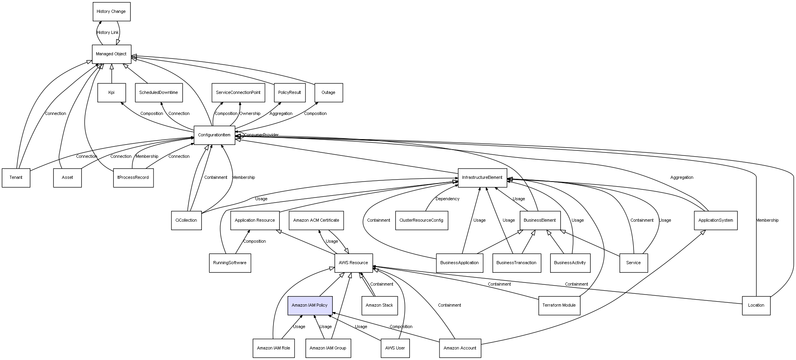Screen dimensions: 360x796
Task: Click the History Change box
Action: pyautogui.click(x=111, y=12)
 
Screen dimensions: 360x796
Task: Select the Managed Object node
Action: pyautogui.click(x=111, y=54)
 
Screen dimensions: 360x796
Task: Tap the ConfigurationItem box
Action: pyautogui.click(x=214, y=135)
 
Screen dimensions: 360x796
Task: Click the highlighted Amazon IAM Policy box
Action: pyautogui.click(x=310, y=305)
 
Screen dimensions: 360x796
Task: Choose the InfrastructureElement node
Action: pyautogui.click(x=482, y=178)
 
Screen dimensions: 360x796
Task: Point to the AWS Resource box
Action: pyautogui.click(x=353, y=263)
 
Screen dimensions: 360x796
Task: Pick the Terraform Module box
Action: pyautogui.click(x=559, y=305)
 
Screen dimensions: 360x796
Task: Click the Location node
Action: pyautogui.click(x=756, y=305)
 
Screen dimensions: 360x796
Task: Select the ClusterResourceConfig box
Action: pyautogui.click(x=421, y=221)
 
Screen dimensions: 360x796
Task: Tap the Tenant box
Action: pyautogui.click(x=16, y=178)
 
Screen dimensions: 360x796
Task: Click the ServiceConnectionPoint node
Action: pyautogui.click(x=238, y=93)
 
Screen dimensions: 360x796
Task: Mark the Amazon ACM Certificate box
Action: pyautogui.click(x=316, y=221)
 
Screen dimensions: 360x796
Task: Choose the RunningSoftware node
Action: pyautogui.click(x=230, y=263)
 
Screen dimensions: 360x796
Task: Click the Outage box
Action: pyautogui.click(x=328, y=93)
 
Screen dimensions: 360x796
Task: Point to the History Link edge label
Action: pyautogui.click(x=108, y=33)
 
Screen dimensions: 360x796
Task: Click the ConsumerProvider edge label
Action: pyautogui.click(x=261, y=135)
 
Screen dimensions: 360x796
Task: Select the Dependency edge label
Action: pyautogui.click(x=447, y=199)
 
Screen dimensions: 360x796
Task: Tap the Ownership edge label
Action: pyautogui.click(x=250, y=114)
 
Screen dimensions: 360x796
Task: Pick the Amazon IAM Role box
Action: pyautogui.click(x=274, y=348)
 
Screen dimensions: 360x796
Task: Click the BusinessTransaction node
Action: pyautogui.click(x=516, y=263)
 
